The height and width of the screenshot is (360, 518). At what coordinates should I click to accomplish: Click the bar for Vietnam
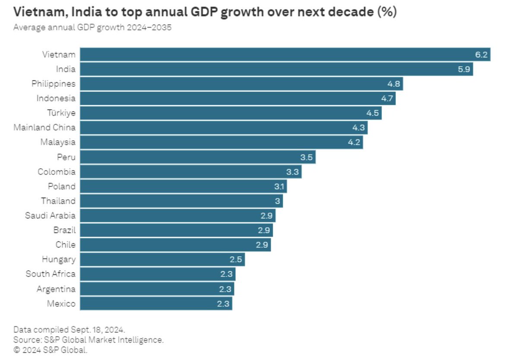(x=285, y=54)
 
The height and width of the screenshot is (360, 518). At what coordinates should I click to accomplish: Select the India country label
(x=66, y=69)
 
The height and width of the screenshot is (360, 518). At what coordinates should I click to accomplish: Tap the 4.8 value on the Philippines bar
(x=394, y=84)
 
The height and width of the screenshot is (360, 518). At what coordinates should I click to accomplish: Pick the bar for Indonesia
(x=237, y=98)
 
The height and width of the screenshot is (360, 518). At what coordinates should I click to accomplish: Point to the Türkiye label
(x=61, y=113)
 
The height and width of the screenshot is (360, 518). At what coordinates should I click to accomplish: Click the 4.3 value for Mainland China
(x=359, y=128)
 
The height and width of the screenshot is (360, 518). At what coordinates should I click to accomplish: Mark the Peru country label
(x=66, y=157)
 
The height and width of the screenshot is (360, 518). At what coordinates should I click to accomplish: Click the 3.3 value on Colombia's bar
(x=292, y=172)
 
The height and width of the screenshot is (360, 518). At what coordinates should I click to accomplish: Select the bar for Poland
(x=183, y=186)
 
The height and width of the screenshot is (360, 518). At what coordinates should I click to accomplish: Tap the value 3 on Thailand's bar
(x=278, y=201)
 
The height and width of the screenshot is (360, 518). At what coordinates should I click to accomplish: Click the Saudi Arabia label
(x=50, y=215)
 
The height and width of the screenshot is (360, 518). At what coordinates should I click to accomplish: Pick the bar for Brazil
(x=176, y=230)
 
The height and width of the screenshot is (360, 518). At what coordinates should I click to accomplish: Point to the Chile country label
(x=65, y=245)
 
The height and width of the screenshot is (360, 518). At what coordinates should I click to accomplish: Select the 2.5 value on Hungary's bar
(x=236, y=259)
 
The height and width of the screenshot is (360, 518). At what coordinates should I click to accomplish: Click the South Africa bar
(x=158, y=274)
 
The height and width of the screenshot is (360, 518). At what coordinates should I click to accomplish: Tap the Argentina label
(x=56, y=289)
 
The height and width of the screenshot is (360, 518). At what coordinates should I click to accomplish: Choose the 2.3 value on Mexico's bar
(x=223, y=303)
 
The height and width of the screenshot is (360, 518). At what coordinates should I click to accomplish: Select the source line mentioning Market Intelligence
(x=88, y=340)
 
